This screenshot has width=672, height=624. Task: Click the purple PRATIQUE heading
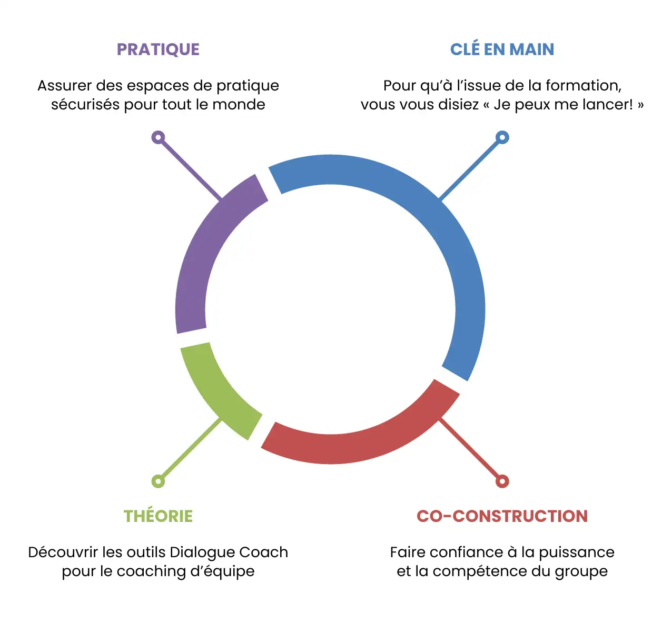[x=158, y=49]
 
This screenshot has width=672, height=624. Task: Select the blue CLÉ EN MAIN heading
[x=502, y=49]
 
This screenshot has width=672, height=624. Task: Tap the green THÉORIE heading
[x=158, y=516]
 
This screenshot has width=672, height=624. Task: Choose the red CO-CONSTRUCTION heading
[x=502, y=516]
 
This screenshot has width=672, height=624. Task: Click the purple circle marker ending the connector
[x=158, y=137]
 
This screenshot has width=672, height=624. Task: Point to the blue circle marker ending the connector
[x=502, y=137]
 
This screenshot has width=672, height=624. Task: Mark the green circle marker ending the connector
[x=158, y=481]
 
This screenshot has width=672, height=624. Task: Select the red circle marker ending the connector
[x=502, y=481]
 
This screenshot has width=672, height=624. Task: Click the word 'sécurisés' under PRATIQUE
[x=85, y=105]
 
